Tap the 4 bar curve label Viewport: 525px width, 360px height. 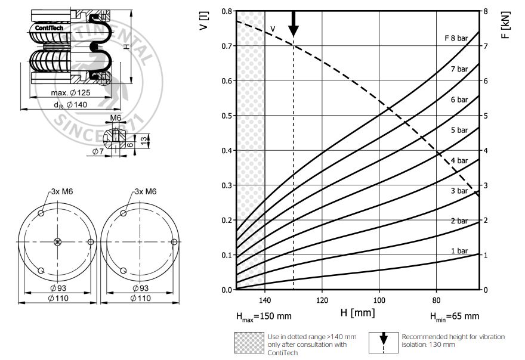[459, 160]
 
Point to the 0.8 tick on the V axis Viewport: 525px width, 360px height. [226, 11]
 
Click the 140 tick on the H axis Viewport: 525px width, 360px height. [265, 300]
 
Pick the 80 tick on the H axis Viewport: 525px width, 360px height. [436, 300]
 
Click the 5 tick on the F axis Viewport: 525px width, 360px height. [486, 116]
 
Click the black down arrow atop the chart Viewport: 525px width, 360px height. [293, 23]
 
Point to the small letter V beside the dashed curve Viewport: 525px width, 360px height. [273, 29]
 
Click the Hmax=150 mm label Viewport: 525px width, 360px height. [262, 316]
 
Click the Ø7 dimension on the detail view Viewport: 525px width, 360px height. [99, 152]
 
